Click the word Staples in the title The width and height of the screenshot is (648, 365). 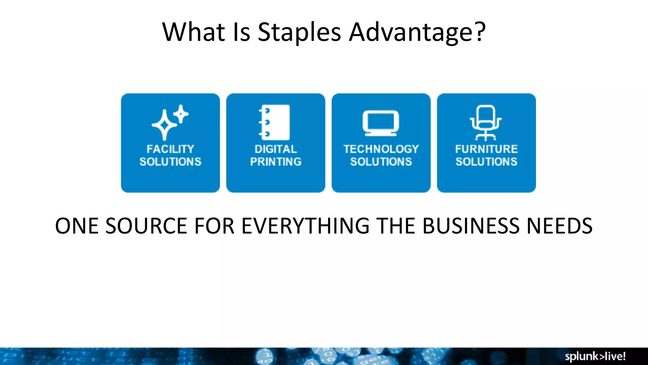pos(299,32)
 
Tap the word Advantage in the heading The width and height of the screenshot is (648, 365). pos(411,32)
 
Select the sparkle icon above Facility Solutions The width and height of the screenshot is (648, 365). pos(170,122)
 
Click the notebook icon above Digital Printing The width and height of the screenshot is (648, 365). pos(275,122)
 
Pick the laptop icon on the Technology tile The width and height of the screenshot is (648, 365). pos(381,123)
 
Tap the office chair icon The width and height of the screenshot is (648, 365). pos(486,123)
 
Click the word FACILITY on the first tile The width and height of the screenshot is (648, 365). pos(170,149)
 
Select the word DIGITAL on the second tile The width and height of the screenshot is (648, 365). pos(276,149)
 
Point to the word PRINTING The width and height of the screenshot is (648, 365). pos(276,162)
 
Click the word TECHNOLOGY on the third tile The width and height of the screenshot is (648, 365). pos(381,149)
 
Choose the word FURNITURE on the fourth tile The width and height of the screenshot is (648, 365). pos(486,149)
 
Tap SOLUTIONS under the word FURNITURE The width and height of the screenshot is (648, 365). pos(486,162)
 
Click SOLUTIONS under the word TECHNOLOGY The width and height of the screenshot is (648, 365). pos(381,162)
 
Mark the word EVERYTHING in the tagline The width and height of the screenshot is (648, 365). pos(305,226)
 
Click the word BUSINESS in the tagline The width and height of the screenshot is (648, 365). pos(471,226)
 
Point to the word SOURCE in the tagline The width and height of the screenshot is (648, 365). pos(146,226)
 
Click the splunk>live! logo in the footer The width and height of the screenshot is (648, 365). pos(595,356)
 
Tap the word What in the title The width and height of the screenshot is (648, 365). pos(193,32)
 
